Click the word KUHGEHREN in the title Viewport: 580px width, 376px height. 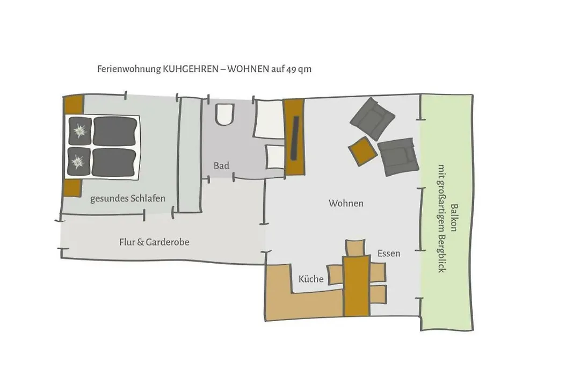click(x=191, y=69)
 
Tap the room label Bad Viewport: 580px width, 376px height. click(x=221, y=165)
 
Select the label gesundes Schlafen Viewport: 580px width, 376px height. click(x=128, y=199)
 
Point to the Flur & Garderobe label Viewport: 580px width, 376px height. click(x=154, y=242)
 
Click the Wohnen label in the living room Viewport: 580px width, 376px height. click(x=346, y=203)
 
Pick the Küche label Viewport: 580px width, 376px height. click(x=311, y=279)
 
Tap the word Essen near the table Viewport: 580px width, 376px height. click(x=389, y=254)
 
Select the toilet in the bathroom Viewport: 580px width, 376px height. click(x=225, y=114)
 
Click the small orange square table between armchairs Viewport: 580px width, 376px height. click(x=363, y=151)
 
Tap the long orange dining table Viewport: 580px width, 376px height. click(x=357, y=285)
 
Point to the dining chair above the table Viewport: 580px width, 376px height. click(x=355, y=247)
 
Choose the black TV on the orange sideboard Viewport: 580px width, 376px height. click(x=295, y=138)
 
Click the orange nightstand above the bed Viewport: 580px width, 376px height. click(x=74, y=104)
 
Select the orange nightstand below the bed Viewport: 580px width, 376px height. click(x=72, y=189)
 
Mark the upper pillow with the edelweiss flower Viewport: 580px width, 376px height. click(x=80, y=131)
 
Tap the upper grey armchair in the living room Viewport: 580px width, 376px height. click(x=372, y=119)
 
